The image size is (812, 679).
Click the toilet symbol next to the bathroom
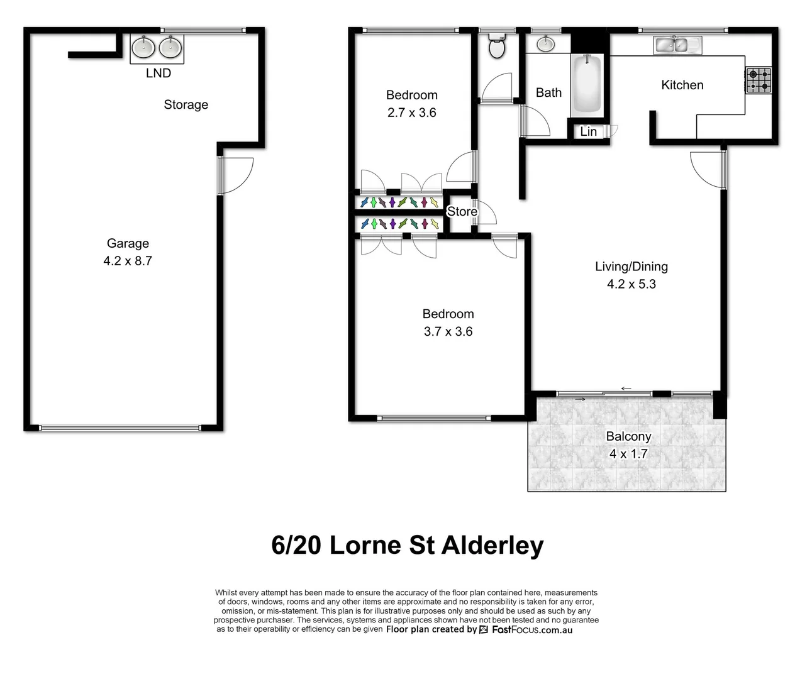click(496, 46)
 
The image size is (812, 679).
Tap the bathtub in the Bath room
click(587, 85)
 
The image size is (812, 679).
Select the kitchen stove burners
click(758, 80)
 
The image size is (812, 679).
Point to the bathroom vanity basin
click(545, 43)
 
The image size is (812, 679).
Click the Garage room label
click(128, 243)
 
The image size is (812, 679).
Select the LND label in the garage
click(159, 73)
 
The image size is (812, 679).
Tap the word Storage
click(186, 104)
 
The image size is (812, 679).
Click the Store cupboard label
click(462, 211)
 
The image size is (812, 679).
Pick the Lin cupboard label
click(588, 131)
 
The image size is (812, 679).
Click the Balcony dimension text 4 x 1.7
click(628, 453)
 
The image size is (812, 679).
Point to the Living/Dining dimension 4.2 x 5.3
click(631, 284)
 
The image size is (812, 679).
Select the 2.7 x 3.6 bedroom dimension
click(411, 113)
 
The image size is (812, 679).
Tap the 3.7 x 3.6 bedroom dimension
click(448, 331)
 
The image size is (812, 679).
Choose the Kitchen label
click(682, 85)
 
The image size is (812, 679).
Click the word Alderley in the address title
click(492, 545)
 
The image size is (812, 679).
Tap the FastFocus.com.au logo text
click(531, 629)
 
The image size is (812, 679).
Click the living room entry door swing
click(707, 168)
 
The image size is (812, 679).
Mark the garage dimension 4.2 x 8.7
click(128, 261)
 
